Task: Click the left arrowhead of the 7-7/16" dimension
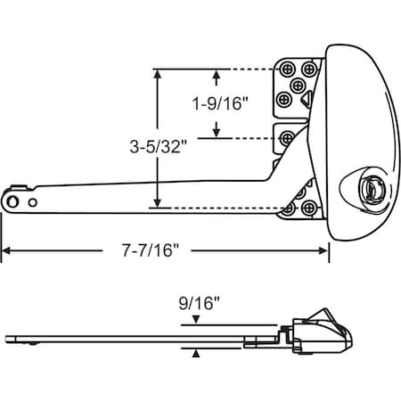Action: [x=4, y=251]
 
